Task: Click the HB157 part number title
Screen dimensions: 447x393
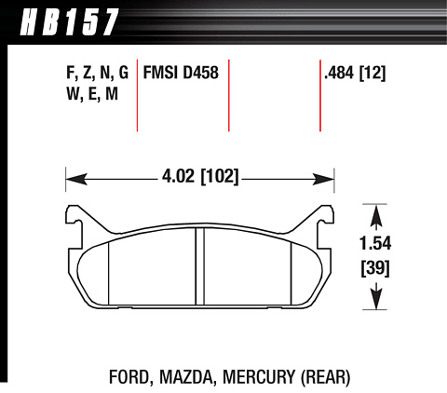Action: pyautogui.click(x=69, y=22)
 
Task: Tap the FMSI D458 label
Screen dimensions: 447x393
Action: pyautogui.click(x=181, y=73)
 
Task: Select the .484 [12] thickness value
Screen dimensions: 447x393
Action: pyautogui.click(x=355, y=74)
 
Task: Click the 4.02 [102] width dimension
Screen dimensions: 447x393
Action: pyautogui.click(x=200, y=176)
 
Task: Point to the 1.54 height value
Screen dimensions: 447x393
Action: pyautogui.click(x=375, y=243)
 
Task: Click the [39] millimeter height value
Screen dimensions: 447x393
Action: pyautogui.click(x=375, y=268)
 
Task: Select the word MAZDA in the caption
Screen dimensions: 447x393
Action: pyautogui.click(x=186, y=377)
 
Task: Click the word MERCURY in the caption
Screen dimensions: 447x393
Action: pyautogui.click(x=259, y=377)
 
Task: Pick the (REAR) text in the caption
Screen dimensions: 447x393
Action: pyautogui.click(x=325, y=377)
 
